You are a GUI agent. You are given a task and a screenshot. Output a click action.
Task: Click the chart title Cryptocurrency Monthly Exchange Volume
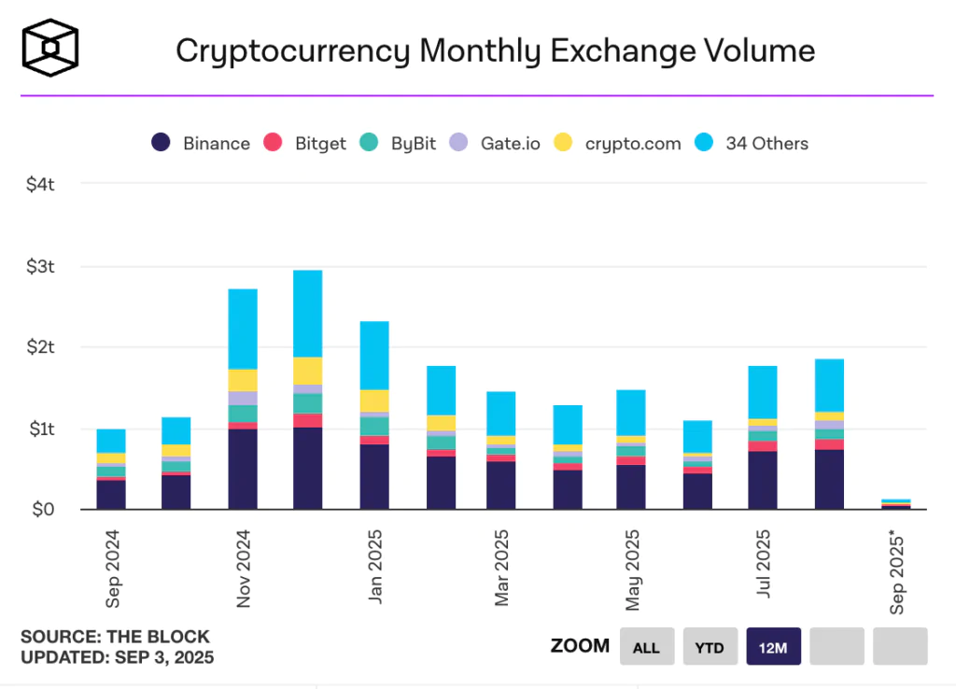point(495,50)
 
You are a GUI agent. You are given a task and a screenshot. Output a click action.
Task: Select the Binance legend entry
point(201,143)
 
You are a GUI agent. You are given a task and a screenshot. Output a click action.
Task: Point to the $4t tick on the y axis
point(41,185)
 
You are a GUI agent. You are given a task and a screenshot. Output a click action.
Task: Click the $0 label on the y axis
point(43,510)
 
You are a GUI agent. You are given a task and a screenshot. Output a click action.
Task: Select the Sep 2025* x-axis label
point(898,571)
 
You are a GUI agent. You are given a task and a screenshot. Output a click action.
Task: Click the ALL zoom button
point(646,646)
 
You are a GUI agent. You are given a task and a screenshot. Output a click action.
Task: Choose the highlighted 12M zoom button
point(773,646)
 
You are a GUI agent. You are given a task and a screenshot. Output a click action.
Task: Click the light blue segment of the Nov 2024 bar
point(243,329)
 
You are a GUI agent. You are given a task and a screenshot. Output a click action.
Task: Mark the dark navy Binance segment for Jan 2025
point(373,476)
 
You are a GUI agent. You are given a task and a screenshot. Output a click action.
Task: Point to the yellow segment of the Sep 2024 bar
point(111,458)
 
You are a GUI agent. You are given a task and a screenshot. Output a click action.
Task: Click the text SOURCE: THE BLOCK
point(115,637)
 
